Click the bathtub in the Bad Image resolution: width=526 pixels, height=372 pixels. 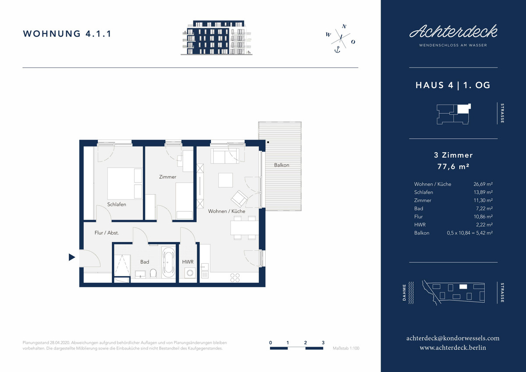tap(168, 262)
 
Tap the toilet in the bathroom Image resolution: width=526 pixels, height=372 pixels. tap(153, 273)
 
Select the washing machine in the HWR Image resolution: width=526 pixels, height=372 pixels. tap(190, 273)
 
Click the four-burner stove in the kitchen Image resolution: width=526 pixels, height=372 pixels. tap(235, 278)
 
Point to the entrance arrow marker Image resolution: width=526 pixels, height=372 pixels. tap(71, 258)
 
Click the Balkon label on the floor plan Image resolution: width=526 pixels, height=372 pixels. tap(281, 165)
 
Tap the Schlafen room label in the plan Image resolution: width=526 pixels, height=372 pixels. tap(117, 204)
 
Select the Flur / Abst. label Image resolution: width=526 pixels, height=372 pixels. tap(107, 233)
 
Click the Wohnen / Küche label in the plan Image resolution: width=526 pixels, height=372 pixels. tap(227, 211)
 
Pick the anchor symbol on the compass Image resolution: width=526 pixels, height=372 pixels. tap(337, 50)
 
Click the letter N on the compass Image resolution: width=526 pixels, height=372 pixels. tap(344, 27)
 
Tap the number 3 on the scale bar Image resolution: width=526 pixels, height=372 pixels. tap(323, 343)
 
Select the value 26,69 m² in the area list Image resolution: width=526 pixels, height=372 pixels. tap(483, 184)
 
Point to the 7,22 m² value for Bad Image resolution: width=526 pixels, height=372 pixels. tap(484, 208)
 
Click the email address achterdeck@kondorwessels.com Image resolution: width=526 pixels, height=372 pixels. tap(453, 338)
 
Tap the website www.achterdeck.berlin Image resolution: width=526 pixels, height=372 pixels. tap(453, 348)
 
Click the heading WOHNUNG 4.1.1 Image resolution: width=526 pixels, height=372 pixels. tap(67, 34)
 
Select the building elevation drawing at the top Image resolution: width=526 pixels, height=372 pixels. tap(217, 38)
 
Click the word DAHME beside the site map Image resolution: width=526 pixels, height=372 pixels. tap(404, 293)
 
